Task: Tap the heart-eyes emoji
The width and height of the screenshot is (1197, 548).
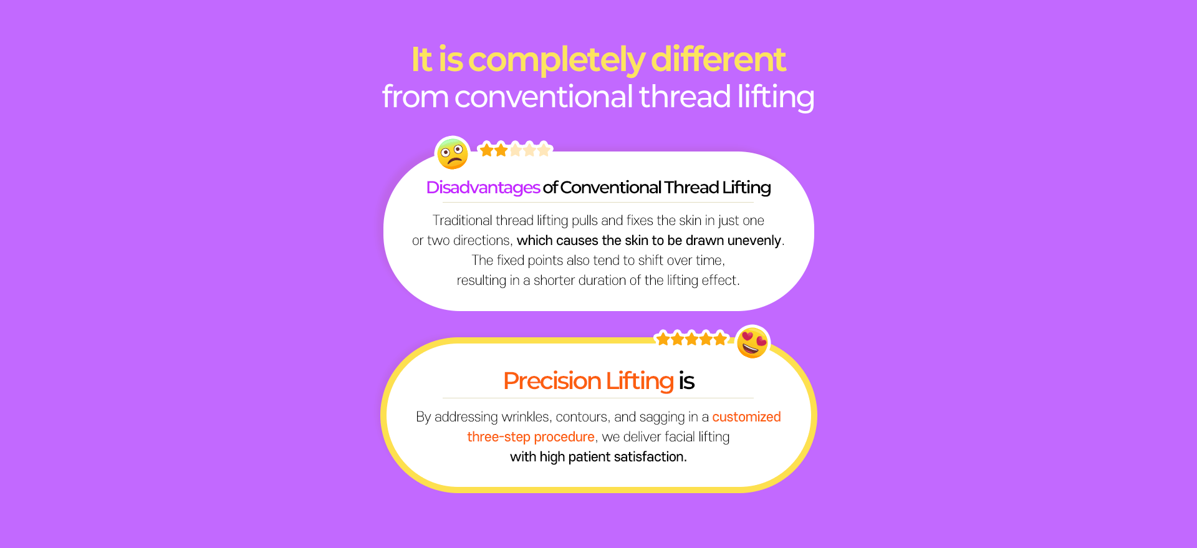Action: click(752, 343)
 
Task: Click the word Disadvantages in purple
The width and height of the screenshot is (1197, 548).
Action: click(483, 188)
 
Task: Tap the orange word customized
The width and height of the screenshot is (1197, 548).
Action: click(746, 416)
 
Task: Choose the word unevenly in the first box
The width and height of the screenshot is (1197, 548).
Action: click(754, 241)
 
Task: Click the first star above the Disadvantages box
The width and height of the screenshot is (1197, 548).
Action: click(486, 150)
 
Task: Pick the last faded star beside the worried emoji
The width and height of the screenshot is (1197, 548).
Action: click(544, 150)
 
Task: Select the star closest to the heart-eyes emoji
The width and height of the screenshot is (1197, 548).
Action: click(720, 339)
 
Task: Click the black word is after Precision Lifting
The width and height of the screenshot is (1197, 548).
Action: click(686, 381)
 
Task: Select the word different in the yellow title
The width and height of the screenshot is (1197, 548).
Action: click(718, 60)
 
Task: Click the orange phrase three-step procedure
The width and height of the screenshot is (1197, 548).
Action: click(531, 437)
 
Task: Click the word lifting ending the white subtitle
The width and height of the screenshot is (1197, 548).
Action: click(776, 97)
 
